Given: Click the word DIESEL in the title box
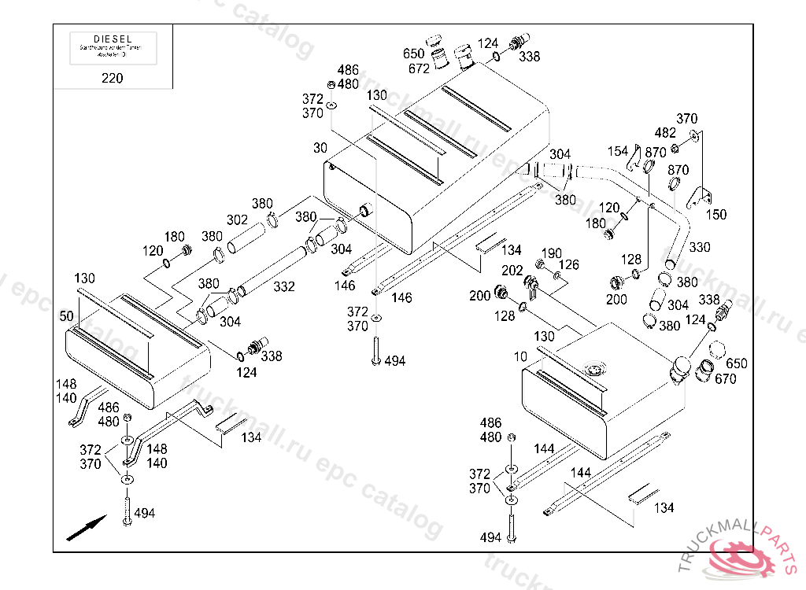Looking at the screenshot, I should (113, 39).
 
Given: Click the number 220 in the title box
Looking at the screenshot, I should (113, 78).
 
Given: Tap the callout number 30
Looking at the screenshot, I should (320, 148).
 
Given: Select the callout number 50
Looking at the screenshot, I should (67, 315).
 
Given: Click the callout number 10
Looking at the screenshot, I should (520, 357).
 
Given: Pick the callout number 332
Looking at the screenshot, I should (284, 287).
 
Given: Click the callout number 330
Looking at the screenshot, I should (699, 247).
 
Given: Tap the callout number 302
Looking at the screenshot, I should (237, 219).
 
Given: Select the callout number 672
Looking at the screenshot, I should (419, 68).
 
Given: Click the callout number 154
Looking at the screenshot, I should (618, 151).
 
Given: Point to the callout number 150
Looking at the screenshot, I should (716, 214).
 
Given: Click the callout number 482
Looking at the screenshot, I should (665, 133).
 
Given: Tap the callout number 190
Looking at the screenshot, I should (552, 253).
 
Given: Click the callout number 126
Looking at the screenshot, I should (569, 265).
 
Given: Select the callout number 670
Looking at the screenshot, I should (726, 378).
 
